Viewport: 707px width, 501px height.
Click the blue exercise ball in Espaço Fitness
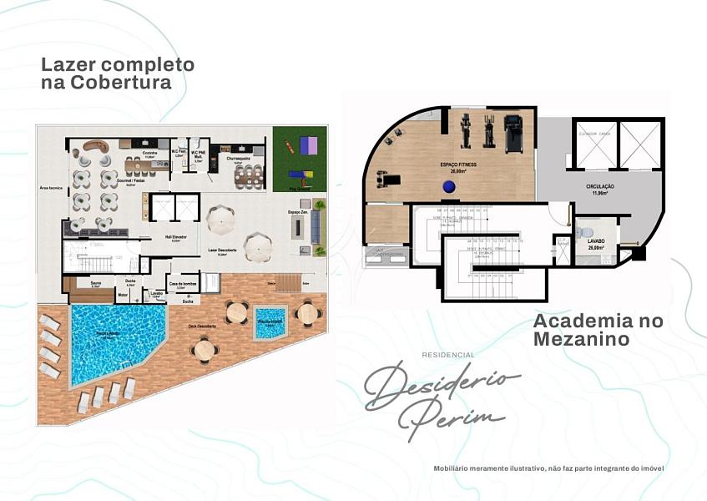click(x=450, y=186)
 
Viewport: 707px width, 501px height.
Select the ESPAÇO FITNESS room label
click(x=458, y=165)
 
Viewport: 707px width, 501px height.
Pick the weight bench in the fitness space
click(x=387, y=178)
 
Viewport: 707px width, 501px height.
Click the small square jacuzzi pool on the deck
click(x=270, y=323)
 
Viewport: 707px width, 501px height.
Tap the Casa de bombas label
click(x=182, y=284)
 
